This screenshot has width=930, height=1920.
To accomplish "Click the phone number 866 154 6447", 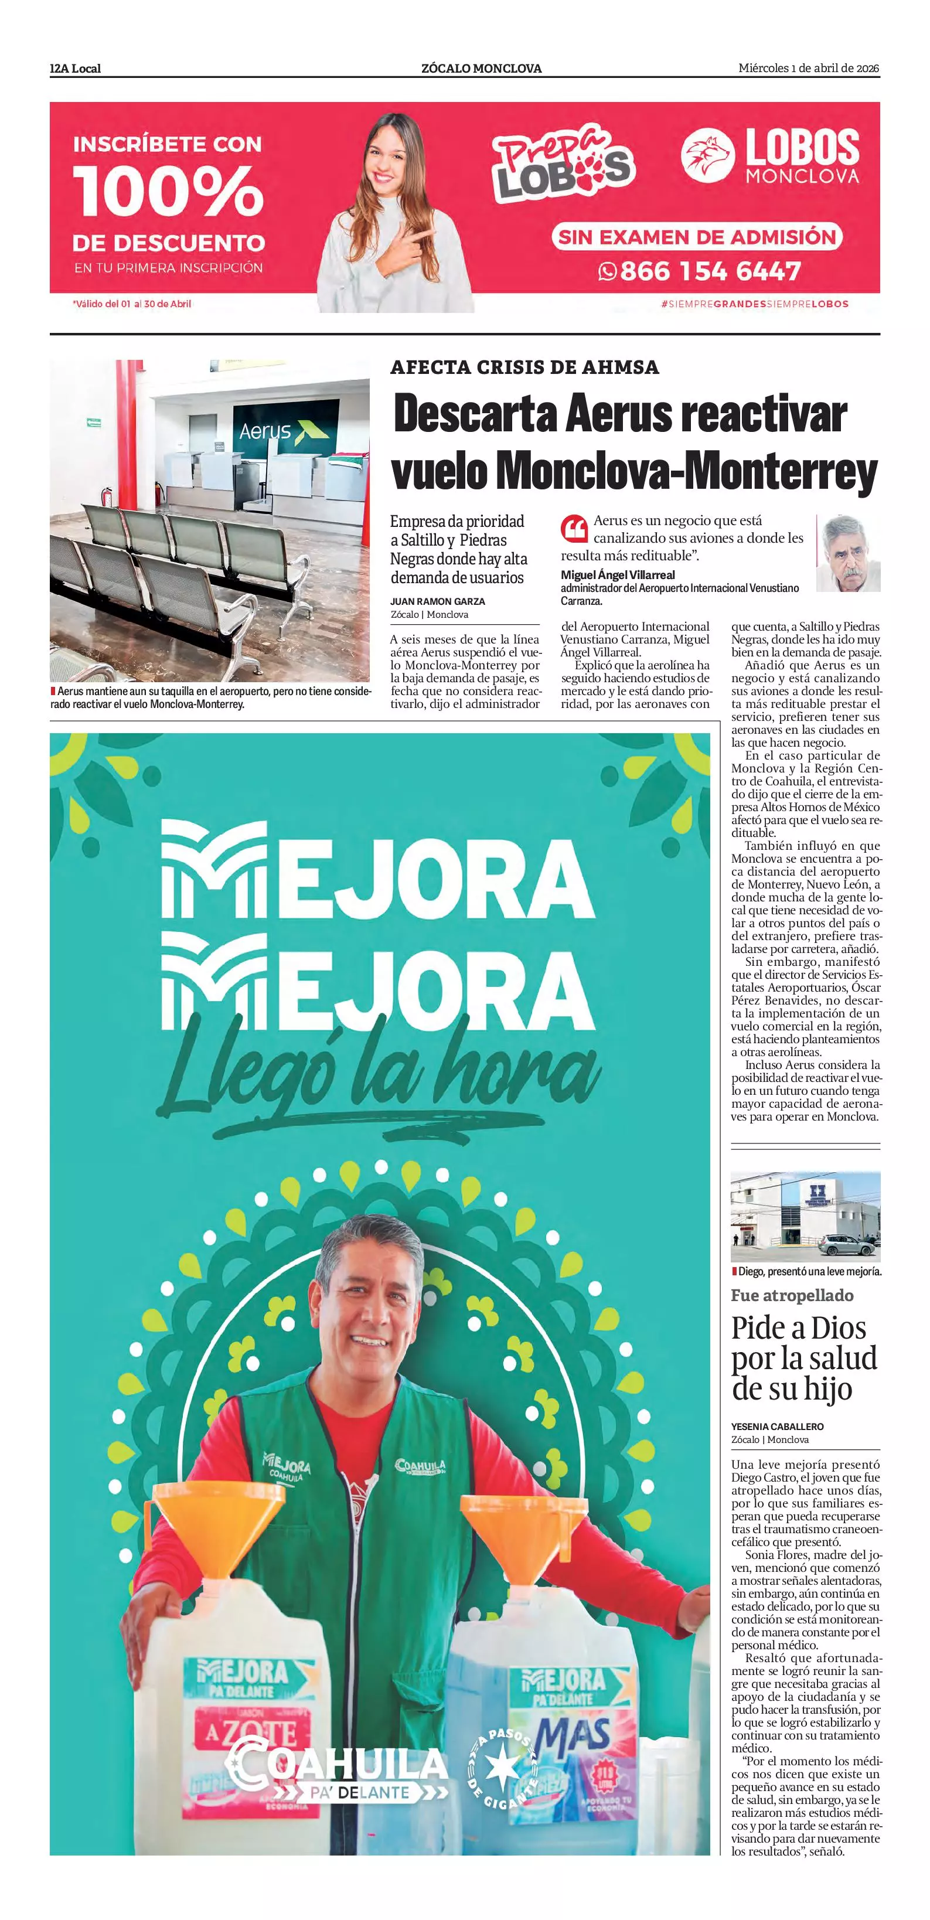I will click(x=710, y=271).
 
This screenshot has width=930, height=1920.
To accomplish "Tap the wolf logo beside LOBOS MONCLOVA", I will click(x=707, y=155).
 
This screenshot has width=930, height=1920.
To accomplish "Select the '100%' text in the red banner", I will click(x=168, y=191).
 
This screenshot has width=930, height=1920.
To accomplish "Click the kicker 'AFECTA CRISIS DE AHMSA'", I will click(x=524, y=367).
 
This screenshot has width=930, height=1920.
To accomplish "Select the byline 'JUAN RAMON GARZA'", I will click(x=437, y=601).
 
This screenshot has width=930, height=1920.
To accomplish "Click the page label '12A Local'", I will click(x=75, y=69).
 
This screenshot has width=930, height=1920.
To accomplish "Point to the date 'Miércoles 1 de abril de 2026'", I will click(x=809, y=69).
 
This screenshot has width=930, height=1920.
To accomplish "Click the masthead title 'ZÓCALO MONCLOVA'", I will click(x=481, y=69).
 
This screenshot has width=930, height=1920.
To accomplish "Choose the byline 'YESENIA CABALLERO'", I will click(x=776, y=1427).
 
